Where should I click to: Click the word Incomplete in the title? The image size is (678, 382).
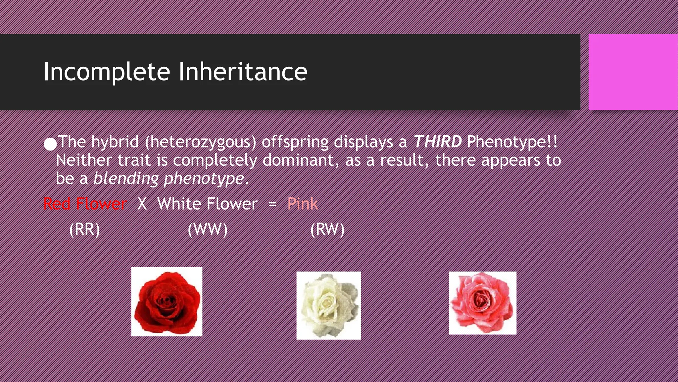coord(107,72)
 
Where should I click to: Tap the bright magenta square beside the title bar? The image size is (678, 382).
coord(633,72)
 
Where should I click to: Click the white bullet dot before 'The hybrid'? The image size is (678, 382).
coord(50,144)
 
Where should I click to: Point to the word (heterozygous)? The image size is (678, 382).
coord(201,142)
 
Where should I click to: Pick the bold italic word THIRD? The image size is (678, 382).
coord(437,142)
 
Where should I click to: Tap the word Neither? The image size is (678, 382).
coord(84,160)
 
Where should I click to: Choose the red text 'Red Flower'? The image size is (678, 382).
coord(85,204)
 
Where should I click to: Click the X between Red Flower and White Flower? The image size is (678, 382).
coord(142,204)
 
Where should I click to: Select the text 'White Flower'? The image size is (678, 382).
coord(207,204)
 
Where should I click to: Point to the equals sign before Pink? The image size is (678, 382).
coord(272,204)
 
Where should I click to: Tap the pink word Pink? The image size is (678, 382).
coord(303,204)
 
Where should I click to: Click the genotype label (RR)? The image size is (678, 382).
coord(84,229)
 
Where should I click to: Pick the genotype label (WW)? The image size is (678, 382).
coord(208,229)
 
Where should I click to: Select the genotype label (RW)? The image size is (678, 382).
coord(327,229)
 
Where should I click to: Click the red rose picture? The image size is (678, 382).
coord(167,302)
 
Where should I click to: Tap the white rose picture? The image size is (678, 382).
coord(328,305)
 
